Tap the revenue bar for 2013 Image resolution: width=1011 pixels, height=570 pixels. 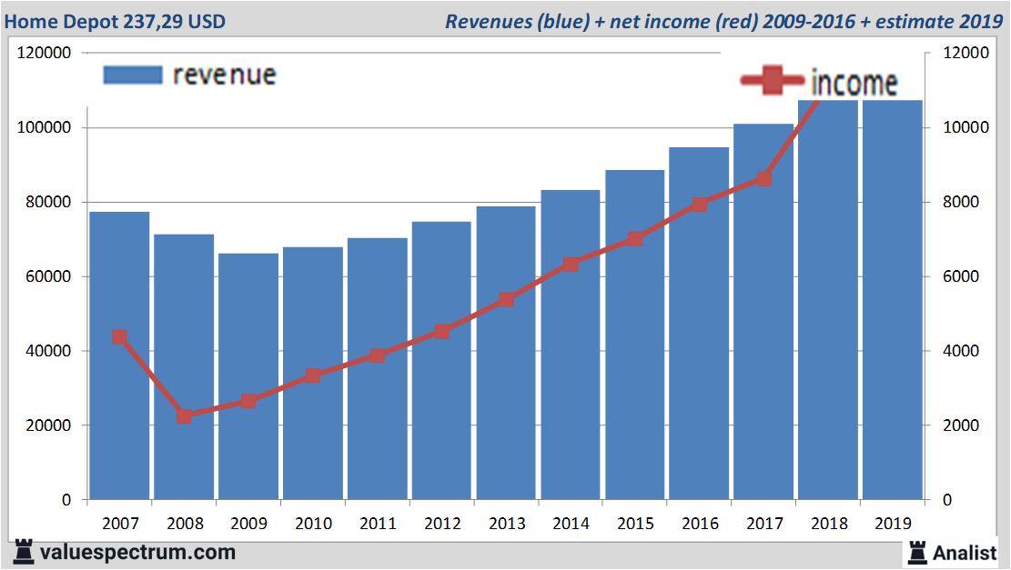pyautogui.click(x=506, y=409)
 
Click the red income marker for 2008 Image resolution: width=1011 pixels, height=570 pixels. pyautogui.click(x=184, y=416)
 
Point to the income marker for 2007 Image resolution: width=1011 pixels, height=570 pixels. pyautogui.click(x=119, y=337)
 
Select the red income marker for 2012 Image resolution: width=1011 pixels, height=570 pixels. pyautogui.click(x=441, y=332)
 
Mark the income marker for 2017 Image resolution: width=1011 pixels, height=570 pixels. pyautogui.click(x=763, y=179)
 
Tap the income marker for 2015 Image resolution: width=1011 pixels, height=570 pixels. pyautogui.click(x=635, y=239)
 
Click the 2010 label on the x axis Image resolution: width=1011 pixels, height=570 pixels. pyautogui.click(x=313, y=524)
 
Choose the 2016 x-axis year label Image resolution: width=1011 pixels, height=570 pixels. pyautogui.click(x=700, y=524)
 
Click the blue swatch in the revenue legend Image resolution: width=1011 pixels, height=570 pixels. pyautogui.click(x=133, y=75)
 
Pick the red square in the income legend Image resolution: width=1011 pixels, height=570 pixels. pyautogui.click(x=772, y=83)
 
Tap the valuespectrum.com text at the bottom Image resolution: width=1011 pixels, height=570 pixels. pyautogui.click(x=137, y=552)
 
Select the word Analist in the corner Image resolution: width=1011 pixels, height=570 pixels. pyautogui.click(x=965, y=552)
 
